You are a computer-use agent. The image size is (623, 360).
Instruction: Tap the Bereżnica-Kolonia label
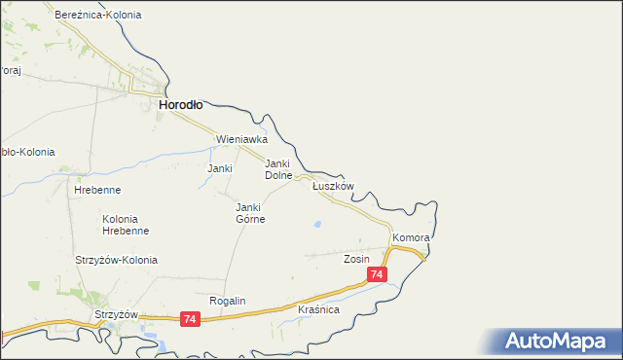coord(98,16)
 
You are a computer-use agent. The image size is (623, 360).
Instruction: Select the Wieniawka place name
coord(241,139)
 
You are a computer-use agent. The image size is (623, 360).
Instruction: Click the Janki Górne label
coord(250,213)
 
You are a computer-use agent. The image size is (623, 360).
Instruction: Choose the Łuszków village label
coord(332,186)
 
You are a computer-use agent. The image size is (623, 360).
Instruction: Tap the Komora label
coord(411,237)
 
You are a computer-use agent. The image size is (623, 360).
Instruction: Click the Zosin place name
coord(356,260)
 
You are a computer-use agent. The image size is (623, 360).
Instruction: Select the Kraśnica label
coord(318,309)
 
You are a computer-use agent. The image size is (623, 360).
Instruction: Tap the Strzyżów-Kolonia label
coord(116,260)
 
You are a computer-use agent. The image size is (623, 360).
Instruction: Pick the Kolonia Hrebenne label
coord(126,225)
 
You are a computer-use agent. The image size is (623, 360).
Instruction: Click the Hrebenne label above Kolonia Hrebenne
coord(95,190)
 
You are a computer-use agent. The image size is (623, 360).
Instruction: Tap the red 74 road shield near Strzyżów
coord(190,319)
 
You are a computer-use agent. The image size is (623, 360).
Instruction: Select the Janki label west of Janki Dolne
coord(220,168)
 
